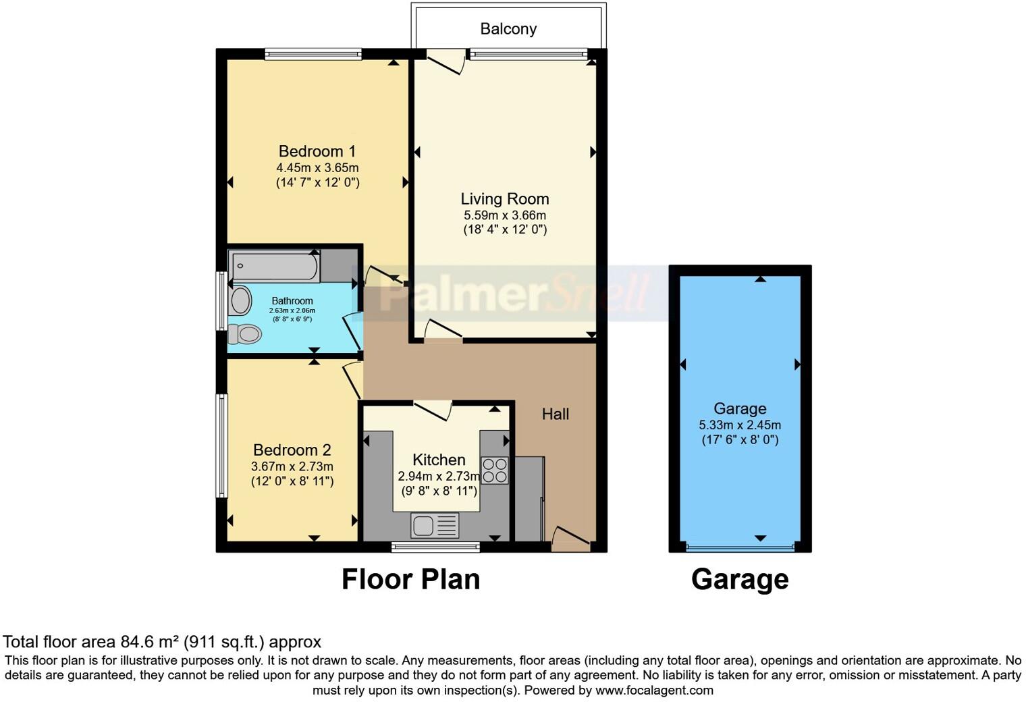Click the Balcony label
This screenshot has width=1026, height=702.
point(508,29)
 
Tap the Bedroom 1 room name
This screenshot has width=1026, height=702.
point(317,151)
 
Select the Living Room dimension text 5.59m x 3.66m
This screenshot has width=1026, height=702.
point(504,215)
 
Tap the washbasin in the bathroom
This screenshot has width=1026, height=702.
point(240,301)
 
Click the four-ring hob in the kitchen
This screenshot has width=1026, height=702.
point(494,470)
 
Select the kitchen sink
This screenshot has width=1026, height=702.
point(434,525)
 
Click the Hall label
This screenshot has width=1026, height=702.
point(555,414)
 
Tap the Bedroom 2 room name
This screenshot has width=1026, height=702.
point(292,450)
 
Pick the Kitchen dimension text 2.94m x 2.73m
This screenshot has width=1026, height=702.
point(439,476)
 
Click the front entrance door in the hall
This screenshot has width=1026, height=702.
point(571,538)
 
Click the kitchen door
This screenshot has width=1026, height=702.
point(432,410)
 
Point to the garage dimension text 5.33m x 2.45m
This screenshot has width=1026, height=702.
point(739,425)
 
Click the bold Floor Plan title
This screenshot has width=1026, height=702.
point(410,579)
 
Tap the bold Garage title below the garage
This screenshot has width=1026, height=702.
point(739,579)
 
